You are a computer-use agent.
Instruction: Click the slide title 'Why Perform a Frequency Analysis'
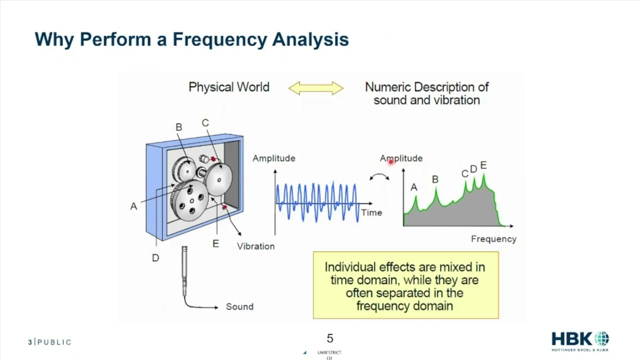point(191,39)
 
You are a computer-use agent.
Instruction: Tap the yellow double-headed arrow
point(316,88)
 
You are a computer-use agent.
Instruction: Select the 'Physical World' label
point(229,87)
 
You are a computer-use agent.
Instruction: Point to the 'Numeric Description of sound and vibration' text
point(426,93)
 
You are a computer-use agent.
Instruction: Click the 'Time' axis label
point(371,212)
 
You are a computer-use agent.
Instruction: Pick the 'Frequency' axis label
point(493,239)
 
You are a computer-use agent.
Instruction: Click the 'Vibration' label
point(255,246)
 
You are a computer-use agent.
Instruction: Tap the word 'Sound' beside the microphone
point(239,306)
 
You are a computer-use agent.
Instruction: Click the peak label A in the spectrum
point(413,187)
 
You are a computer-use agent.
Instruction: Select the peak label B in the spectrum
point(435,179)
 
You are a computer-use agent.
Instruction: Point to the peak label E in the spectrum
point(483,165)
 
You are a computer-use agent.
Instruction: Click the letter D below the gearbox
point(155,258)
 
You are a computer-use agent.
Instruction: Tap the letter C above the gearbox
point(205,123)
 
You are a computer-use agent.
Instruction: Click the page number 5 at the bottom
point(329,339)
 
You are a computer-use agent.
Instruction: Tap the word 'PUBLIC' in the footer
point(54,342)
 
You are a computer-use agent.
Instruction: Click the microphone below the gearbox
point(184,270)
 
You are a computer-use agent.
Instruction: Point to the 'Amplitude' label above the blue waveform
point(273,158)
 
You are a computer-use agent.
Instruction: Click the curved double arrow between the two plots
point(379,177)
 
